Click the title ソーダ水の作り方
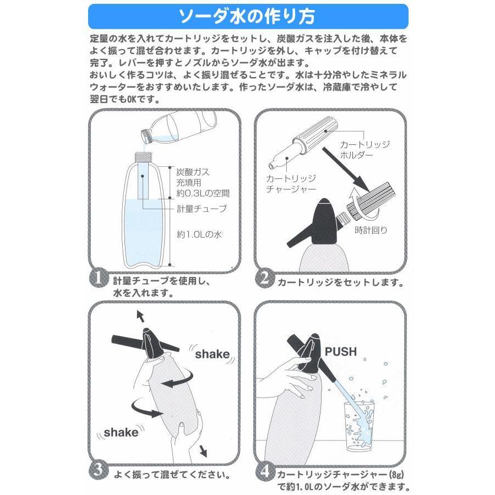pyautogui.click(x=247, y=17)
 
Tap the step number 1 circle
pyautogui.click(x=99, y=278)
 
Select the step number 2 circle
pyautogui.click(x=264, y=278)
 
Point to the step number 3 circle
pyautogui.click(x=99, y=470)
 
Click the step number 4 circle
pyautogui.click(x=264, y=471)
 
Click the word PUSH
pyautogui.click(x=341, y=352)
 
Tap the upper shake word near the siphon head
pyautogui.click(x=212, y=354)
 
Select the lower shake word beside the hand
pyautogui.click(x=121, y=432)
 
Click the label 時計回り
pyautogui.click(x=371, y=230)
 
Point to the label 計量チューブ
pyautogui.click(x=202, y=209)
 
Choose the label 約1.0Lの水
pyautogui.click(x=199, y=235)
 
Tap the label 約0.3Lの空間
pyautogui.click(x=203, y=193)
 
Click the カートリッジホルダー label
pyautogui.click(x=365, y=150)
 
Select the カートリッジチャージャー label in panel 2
pyautogui.click(x=291, y=184)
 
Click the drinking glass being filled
pyautogui.click(x=360, y=426)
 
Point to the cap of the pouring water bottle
pyautogui.click(x=146, y=136)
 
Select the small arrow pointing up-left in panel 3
pyautogui.click(x=140, y=316)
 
